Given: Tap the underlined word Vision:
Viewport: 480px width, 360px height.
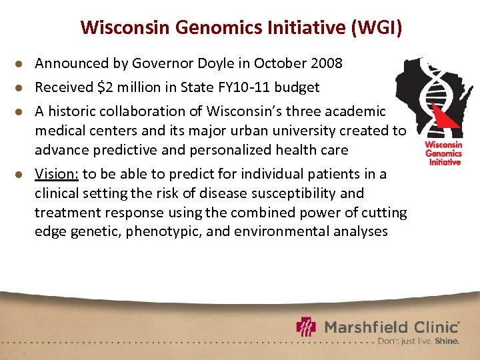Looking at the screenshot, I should click(57, 174).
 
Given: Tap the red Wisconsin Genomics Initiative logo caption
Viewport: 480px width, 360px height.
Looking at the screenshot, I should click(443, 153).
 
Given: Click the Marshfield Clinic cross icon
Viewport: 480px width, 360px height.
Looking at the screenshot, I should click(307, 327).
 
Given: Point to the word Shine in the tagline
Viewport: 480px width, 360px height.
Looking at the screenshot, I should click(446, 341).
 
